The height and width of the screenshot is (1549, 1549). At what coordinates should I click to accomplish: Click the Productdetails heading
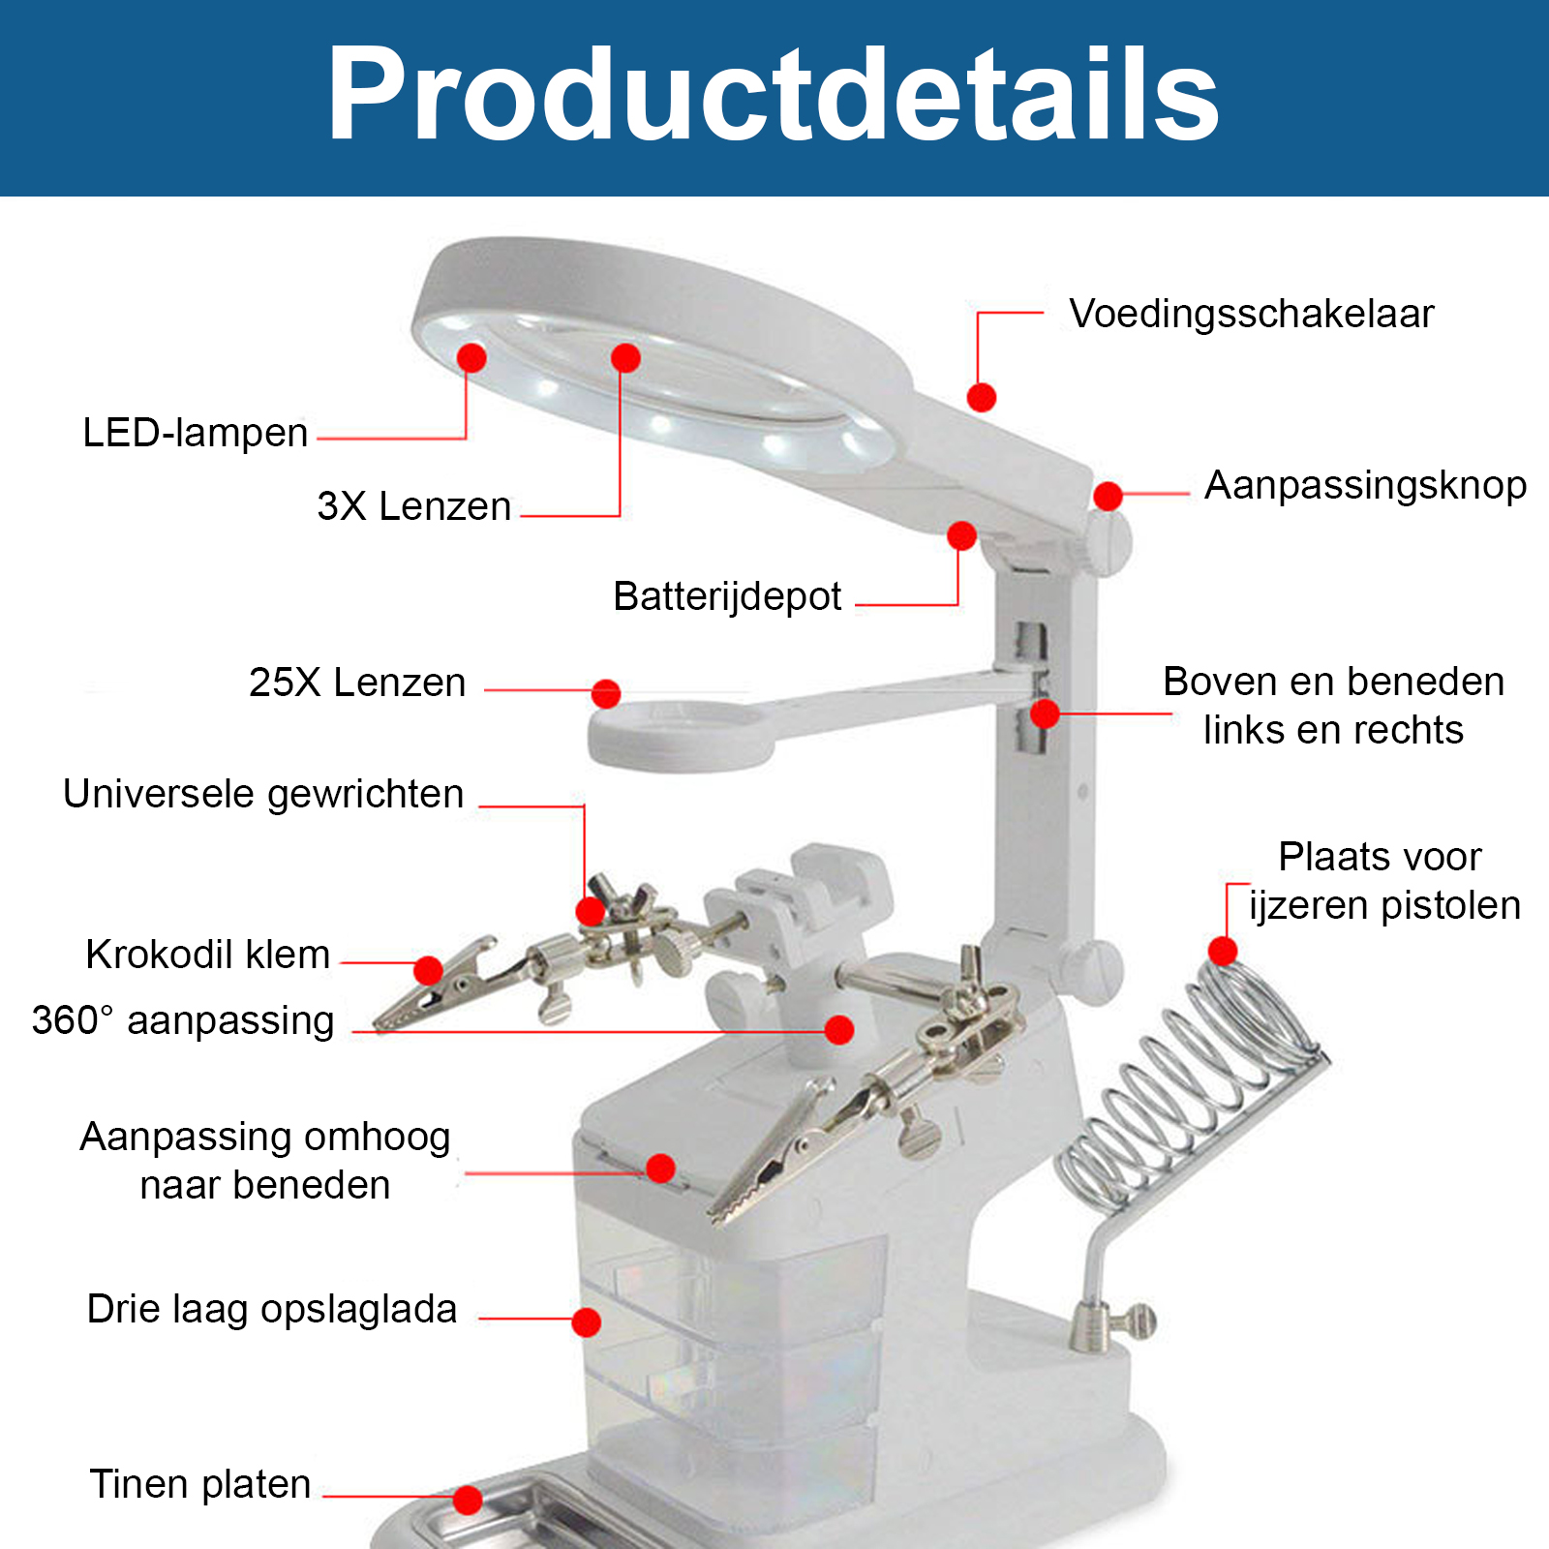[773, 95]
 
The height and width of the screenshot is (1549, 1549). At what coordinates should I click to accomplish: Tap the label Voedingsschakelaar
[1251, 315]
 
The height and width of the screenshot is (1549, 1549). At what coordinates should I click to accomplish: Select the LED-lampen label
[196, 433]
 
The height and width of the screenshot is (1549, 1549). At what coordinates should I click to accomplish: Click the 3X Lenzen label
[414, 506]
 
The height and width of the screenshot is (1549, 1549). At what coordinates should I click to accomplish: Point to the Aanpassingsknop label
[1365, 486]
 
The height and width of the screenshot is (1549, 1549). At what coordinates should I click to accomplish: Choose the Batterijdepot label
[727, 597]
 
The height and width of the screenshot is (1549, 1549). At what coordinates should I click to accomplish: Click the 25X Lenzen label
[357, 683]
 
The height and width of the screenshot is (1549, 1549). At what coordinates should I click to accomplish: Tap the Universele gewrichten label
[263, 795]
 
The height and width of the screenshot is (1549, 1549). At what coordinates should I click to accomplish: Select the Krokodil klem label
[208, 955]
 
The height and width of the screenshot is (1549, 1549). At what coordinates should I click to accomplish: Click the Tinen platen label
[200, 1484]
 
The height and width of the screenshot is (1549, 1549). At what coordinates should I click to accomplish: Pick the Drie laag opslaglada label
[272, 1310]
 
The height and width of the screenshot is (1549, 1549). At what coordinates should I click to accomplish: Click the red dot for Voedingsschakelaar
[982, 397]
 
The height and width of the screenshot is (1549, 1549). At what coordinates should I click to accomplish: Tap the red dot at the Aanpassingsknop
[1108, 496]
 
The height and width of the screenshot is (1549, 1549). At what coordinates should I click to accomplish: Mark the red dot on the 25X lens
[606, 693]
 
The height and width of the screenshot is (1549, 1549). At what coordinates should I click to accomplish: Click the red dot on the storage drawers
[586, 1321]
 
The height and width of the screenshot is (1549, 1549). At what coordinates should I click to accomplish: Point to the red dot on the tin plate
[468, 1500]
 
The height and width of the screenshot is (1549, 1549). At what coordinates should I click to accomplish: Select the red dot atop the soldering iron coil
[1223, 951]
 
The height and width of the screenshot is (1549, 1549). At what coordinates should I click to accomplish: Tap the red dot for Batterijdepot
[961, 535]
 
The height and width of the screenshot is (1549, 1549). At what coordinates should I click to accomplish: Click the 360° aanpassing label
[183, 1020]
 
